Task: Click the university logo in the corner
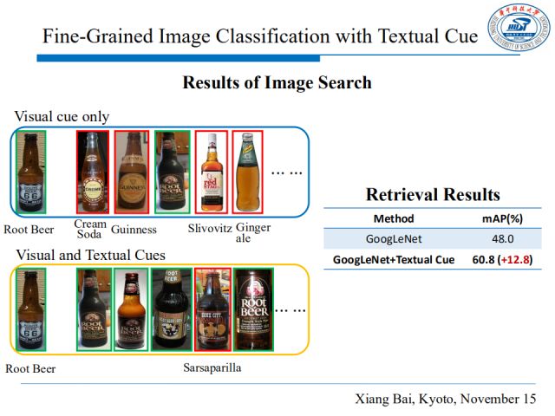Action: pos(518,28)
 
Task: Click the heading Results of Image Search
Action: pos(277,83)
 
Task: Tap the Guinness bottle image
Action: pos(132,171)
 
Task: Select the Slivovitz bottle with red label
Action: pos(211,171)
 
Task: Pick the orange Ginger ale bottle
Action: pos(247,171)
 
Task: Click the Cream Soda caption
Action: pos(90,229)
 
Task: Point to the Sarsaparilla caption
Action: pos(212,368)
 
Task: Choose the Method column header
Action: pos(393,218)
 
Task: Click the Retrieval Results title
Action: pos(433,194)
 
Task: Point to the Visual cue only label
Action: pos(61,117)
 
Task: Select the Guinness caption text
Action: pos(134,230)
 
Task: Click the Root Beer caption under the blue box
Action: pos(29,230)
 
